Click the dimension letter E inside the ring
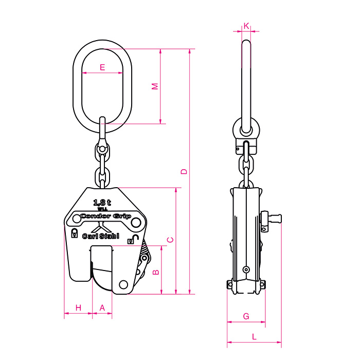click(102, 67)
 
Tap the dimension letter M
click(155, 86)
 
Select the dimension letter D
click(184, 171)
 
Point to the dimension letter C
click(170, 240)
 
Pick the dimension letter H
click(78, 308)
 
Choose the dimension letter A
click(102, 308)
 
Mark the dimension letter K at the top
click(246, 25)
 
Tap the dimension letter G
click(246, 316)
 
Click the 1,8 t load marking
click(102, 202)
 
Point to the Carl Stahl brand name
click(101, 236)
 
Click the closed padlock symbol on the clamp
click(75, 232)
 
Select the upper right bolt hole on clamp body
click(136, 223)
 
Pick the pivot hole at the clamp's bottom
click(123, 284)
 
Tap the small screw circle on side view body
click(246, 269)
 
